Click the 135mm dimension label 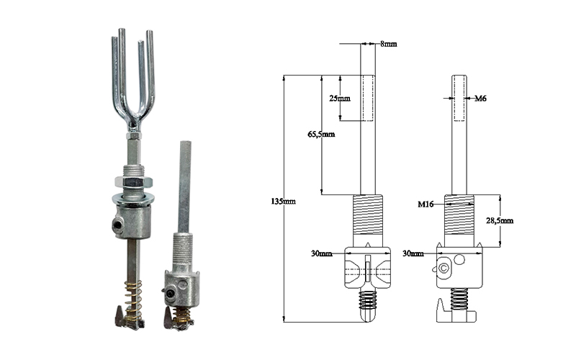(283, 202)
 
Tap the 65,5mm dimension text (321, 134)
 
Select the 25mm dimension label (339, 98)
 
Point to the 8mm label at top (388, 44)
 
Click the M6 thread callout (480, 98)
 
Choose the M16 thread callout (426, 204)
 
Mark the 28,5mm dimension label (500, 220)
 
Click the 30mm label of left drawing (321, 253)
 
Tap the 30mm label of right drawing (413, 253)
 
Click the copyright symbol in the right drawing (444, 268)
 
